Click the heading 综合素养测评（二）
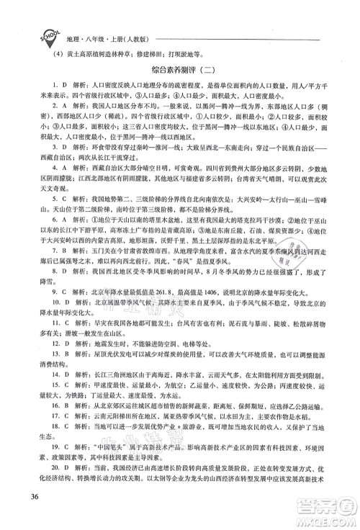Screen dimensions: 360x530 point(179,71)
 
